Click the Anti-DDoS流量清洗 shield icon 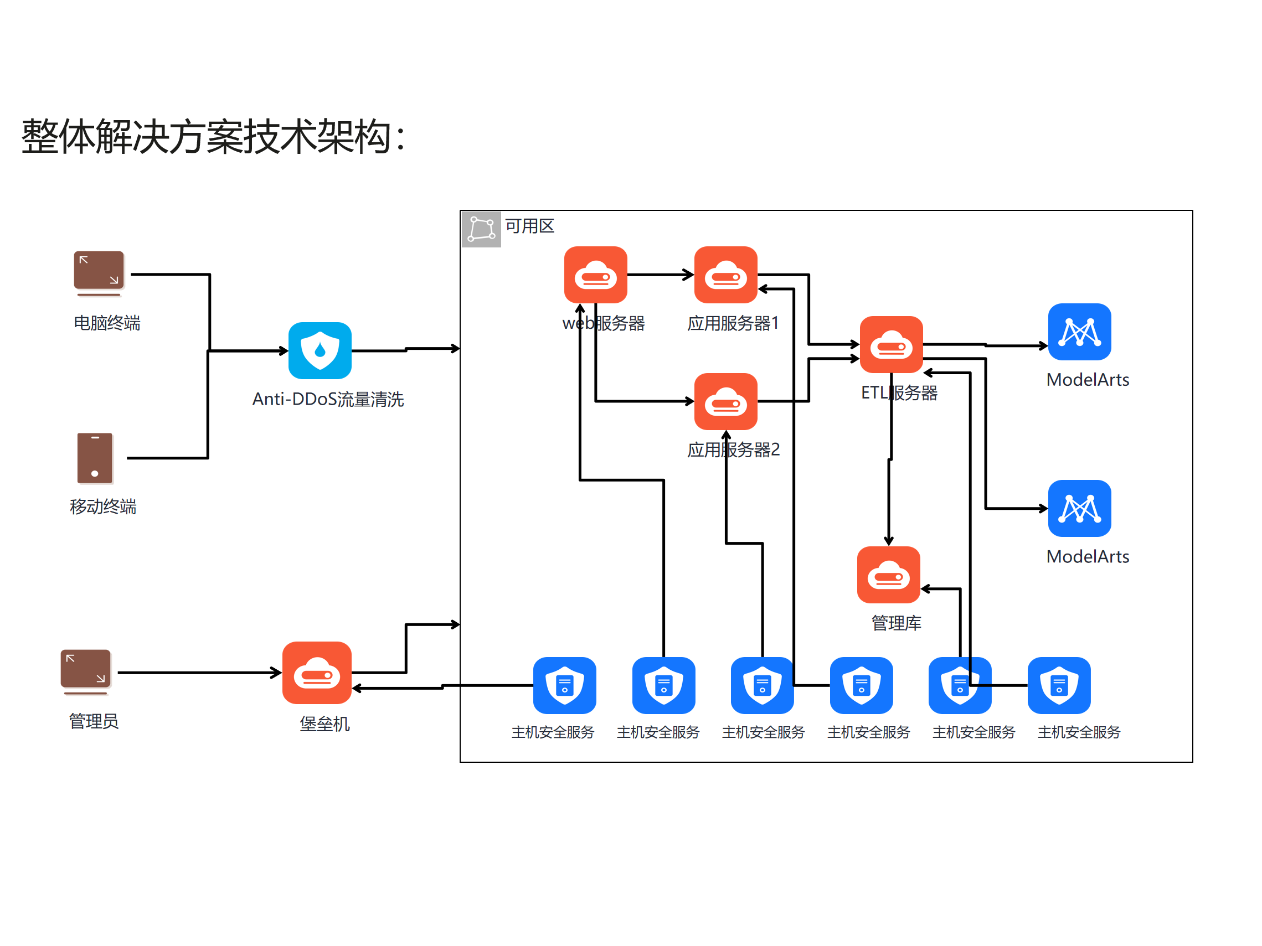click(x=320, y=351)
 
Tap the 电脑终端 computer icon click(x=99, y=272)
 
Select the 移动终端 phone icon click(x=95, y=458)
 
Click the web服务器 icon click(x=595, y=275)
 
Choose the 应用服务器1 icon click(x=725, y=275)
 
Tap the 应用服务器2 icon click(x=725, y=401)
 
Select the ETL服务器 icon click(x=890, y=344)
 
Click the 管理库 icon click(x=888, y=575)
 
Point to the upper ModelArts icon click(x=1079, y=332)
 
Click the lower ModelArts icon click(x=1079, y=509)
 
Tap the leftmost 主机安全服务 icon click(x=564, y=685)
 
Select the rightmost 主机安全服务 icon click(x=1059, y=685)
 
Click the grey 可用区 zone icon click(x=481, y=229)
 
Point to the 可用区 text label click(x=529, y=226)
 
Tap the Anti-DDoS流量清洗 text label click(x=328, y=399)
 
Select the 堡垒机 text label click(x=324, y=723)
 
